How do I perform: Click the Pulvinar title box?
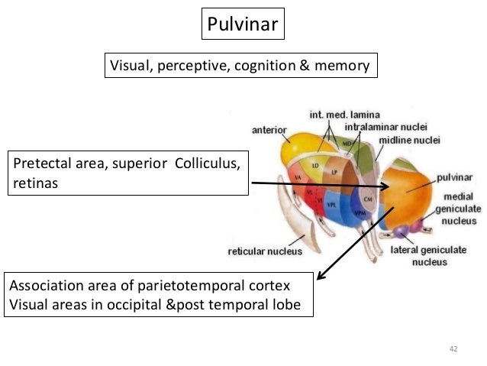point(243,24)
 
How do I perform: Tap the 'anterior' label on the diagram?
point(269,130)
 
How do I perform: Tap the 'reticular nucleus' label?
point(265,250)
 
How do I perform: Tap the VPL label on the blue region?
point(332,206)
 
